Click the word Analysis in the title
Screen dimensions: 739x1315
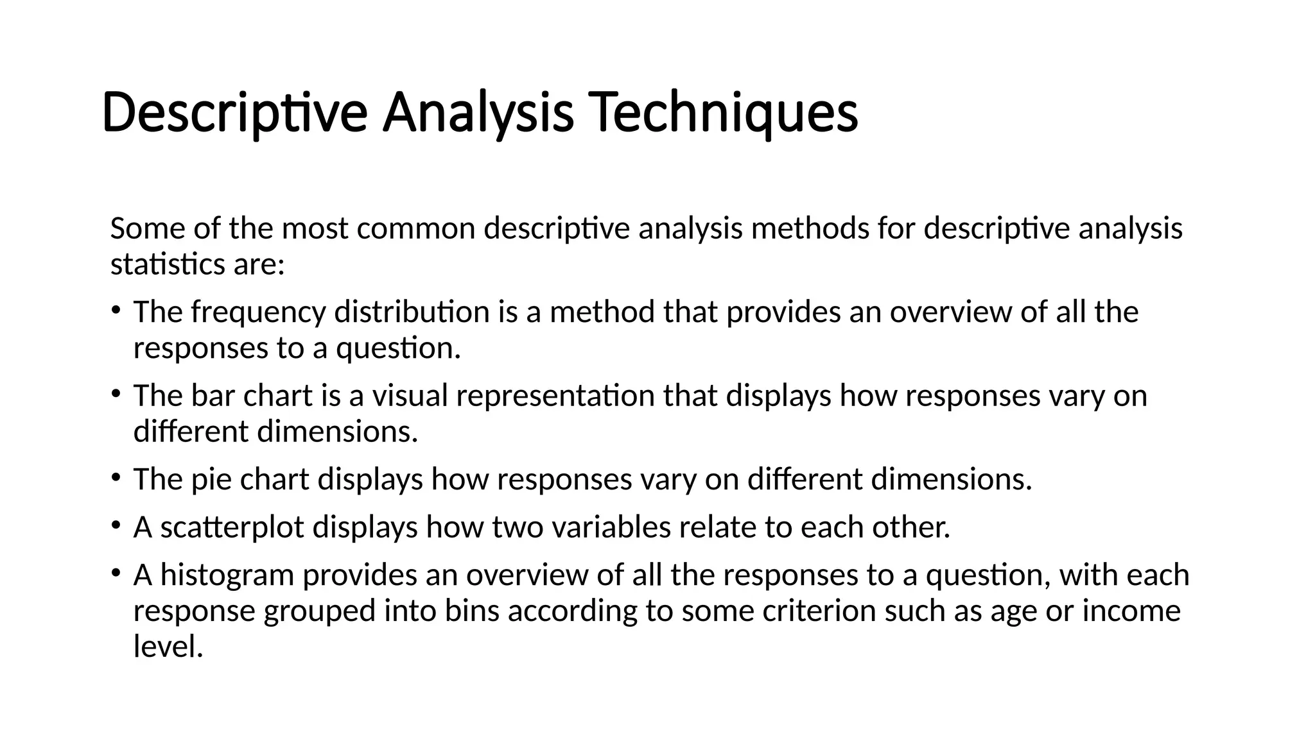point(478,112)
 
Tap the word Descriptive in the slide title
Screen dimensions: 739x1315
point(234,112)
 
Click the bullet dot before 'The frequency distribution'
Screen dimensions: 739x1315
point(116,310)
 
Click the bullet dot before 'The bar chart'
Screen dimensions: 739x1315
point(116,394)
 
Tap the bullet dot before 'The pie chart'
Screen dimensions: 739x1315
point(116,477)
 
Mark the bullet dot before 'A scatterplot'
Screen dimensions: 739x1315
point(116,525)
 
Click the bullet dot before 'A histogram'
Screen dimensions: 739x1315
point(116,573)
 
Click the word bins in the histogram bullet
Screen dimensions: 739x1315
point(472,611)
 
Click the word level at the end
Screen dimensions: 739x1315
point(168,647)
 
